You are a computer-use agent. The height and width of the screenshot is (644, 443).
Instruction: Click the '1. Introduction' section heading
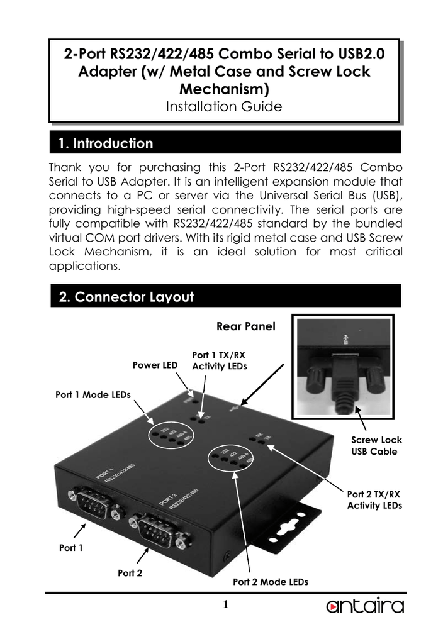(x=105, y=143)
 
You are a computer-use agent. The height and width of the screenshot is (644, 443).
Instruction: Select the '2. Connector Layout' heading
(x=126, y=297)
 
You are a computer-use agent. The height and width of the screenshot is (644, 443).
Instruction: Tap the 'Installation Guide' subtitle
(x=223, y=106)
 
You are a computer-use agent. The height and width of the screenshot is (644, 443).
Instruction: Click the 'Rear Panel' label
(x=245, y=327)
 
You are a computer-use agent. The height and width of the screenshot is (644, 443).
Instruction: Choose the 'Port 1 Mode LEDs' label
(x=93, y=395)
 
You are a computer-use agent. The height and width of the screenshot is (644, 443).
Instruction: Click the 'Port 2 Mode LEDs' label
(x=271, y=582)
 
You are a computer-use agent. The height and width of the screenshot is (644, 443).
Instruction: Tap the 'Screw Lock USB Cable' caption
(x=376, y=446)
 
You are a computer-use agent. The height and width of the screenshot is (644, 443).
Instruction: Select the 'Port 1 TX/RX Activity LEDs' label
(x=218, y=361)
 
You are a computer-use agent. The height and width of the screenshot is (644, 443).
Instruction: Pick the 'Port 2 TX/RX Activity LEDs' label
(x=374, y=500)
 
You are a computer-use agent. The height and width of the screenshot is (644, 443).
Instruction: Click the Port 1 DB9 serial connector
(x=93, y=502)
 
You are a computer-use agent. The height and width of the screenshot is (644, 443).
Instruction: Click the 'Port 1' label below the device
(x=71, y=547)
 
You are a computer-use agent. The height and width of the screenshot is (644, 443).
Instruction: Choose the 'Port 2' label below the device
(x=130, y=572)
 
